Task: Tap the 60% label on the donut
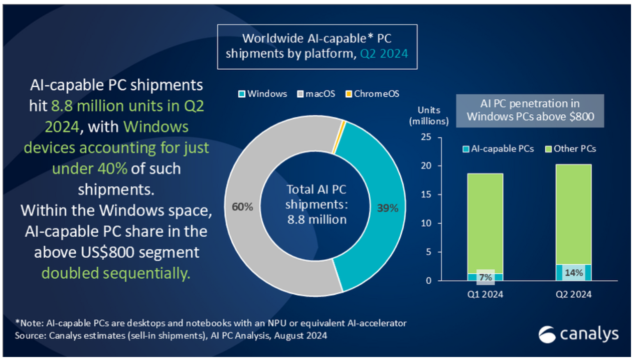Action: click(x=242, y=206)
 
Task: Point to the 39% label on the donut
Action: click(x=387, y=208)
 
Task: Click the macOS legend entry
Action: click(x=314, y=94)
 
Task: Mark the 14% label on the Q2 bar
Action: click(x=573, y=273)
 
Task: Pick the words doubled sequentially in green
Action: click(x=116, y=273)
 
